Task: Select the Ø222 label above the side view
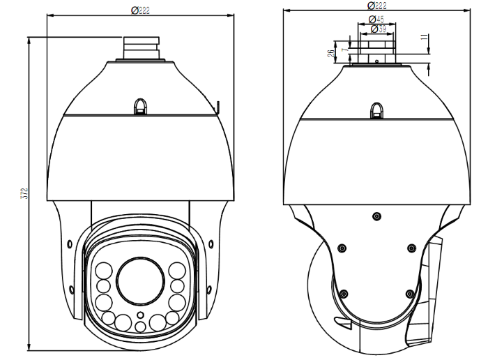(x=376, y=6)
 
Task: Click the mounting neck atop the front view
(x=141, y=48)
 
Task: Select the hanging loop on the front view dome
(x=141, y=105)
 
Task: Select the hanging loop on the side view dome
(x=376, y=110)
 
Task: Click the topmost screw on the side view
(x=376, y=216)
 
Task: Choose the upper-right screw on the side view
(x=411, y=248)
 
